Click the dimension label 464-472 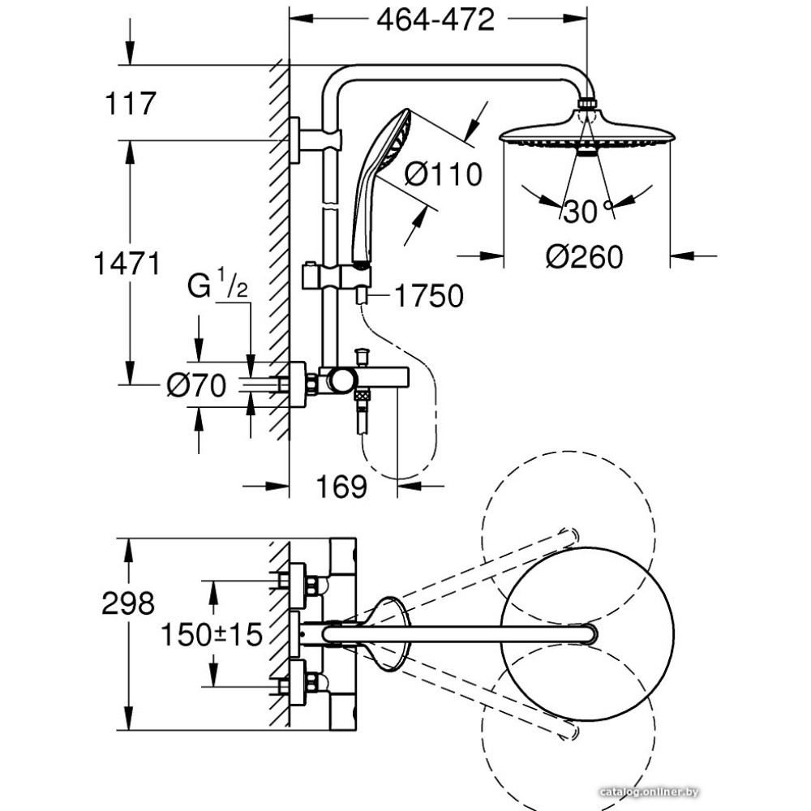point(436,19)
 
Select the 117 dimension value point(130,104)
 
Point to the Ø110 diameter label point(443,174)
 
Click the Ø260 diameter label point(584,257)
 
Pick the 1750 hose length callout point(428,297)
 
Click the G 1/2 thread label point(218,287)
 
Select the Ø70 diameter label point(196,386)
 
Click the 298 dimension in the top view point(128,603)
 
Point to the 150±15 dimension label point(211,634)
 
